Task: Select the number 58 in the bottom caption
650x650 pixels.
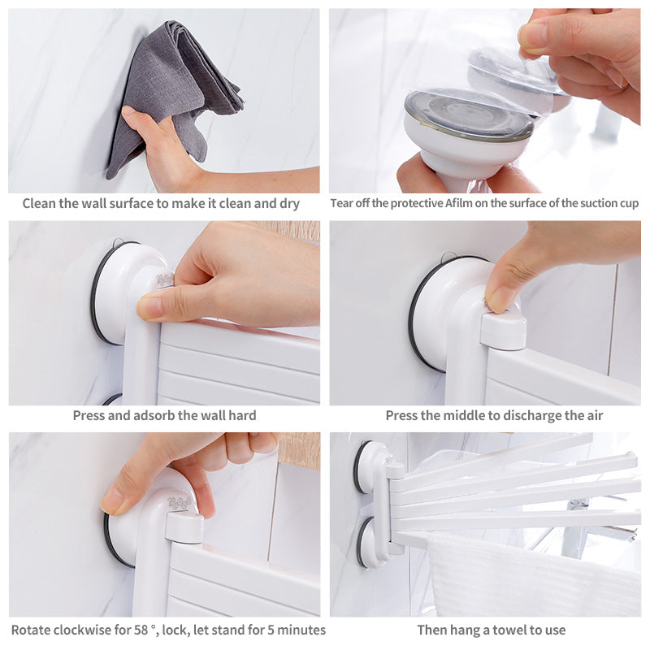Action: [141, 630]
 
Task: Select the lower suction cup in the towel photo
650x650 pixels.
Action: [370, 542]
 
